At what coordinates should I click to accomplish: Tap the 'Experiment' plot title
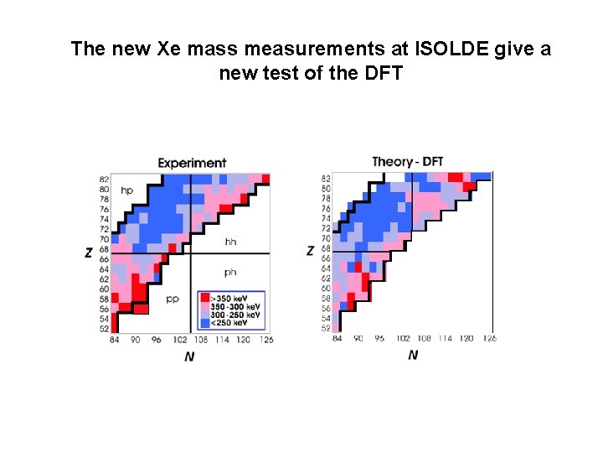pyautogui.click(x=192, y=163)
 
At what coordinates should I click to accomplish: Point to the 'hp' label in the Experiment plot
pyautogui.click(x=126, y=190)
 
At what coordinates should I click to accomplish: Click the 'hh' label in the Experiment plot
pyautogui.click(x=230, y=242)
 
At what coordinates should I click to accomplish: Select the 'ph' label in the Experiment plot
pyautogui.click(x=230, y=272)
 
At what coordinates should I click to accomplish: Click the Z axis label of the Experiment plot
pyautogui.click(x=89, y=253)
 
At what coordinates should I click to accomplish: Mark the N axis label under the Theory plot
pyautogui.click(x=412, y=356)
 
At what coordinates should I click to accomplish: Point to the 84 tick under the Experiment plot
pyautogui.click(x=113, y=340)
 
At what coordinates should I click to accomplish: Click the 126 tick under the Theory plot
pyautogui.click(x=489, y=338)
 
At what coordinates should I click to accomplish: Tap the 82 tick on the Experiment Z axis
pyautogui.click(x=104, y=180)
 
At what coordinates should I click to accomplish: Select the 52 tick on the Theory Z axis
pyautogui.click(x=326, y=328)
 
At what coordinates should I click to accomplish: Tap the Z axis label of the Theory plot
pyautogui.click(x=311, y=251)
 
